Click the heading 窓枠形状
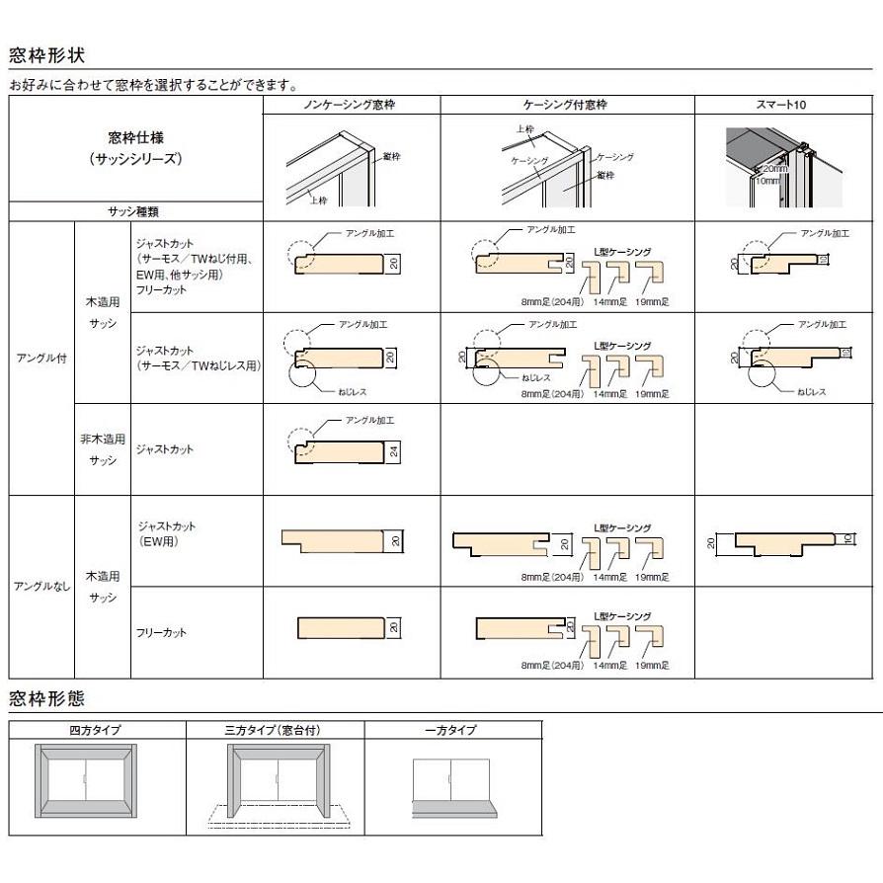pyautogui.click(x=47, y=53)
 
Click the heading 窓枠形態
pyautogui.click(x=47, y=699)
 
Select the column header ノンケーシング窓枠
pyautogui.click(x=351, y=104)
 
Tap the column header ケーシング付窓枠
pyautogui.click(x=567, y=104)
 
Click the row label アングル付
pyautogui.click(x=40, y=359)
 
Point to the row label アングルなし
pyautogui.click(x=40, y=587)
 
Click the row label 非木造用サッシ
pyautogui.click(x=103, y=449)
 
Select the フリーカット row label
pyautogui.click(x=161, y=632)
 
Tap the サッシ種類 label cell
pyautogui.click(x=134, y=211)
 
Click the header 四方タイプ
pyautogui.click(x=96, y=730)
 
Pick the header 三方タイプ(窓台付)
pyautogui.click(x=274, y=730)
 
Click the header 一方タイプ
pyautogui.click(x=452, y=730)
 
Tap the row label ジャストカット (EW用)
pyautogui.click(x=161, y=534)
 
